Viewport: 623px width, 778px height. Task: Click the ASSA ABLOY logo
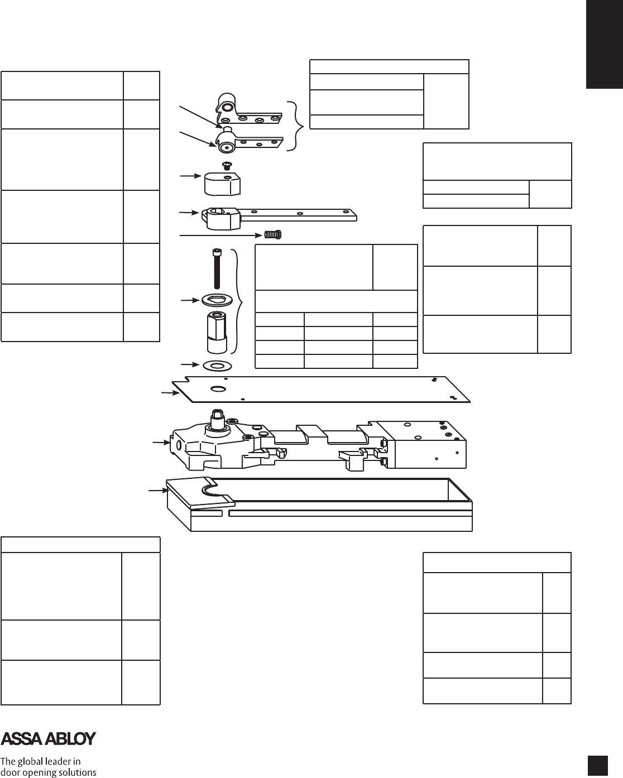point(49,738)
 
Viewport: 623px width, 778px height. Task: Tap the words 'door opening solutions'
point(49,772)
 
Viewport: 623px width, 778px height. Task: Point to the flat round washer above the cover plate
point(218,366)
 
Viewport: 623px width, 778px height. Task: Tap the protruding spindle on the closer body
point(216,417)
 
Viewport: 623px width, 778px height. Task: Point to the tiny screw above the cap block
point(227,165)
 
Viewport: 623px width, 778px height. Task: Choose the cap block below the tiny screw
point(222,183)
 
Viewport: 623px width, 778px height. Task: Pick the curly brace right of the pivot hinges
point(300,126)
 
